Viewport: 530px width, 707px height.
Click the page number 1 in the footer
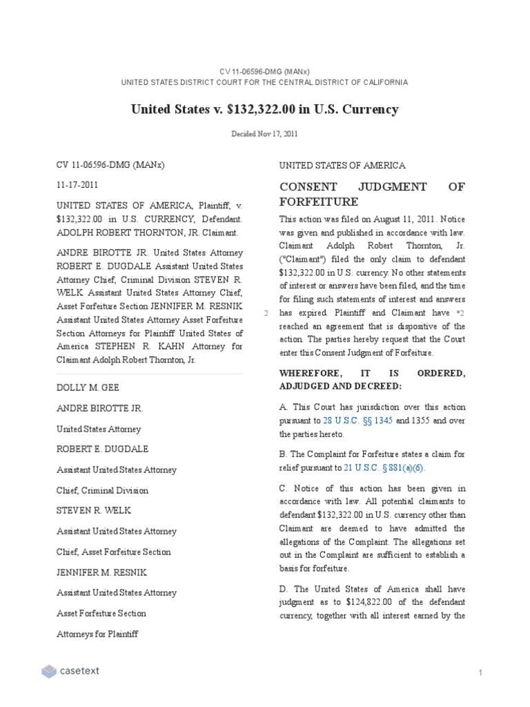479,672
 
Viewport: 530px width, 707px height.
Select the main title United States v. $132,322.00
264,109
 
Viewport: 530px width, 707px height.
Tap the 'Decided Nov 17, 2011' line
264,134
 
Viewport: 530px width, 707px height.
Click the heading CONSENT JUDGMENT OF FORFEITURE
371,194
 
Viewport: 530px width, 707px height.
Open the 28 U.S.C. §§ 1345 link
353,420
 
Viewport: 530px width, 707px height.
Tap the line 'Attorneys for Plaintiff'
97,634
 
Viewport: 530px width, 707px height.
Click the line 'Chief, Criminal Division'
103,490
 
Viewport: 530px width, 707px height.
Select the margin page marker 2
266,313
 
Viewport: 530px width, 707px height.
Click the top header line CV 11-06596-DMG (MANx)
264,71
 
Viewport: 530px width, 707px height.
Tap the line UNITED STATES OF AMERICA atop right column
342,166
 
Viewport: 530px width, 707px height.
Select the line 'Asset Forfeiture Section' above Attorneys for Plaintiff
101,613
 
